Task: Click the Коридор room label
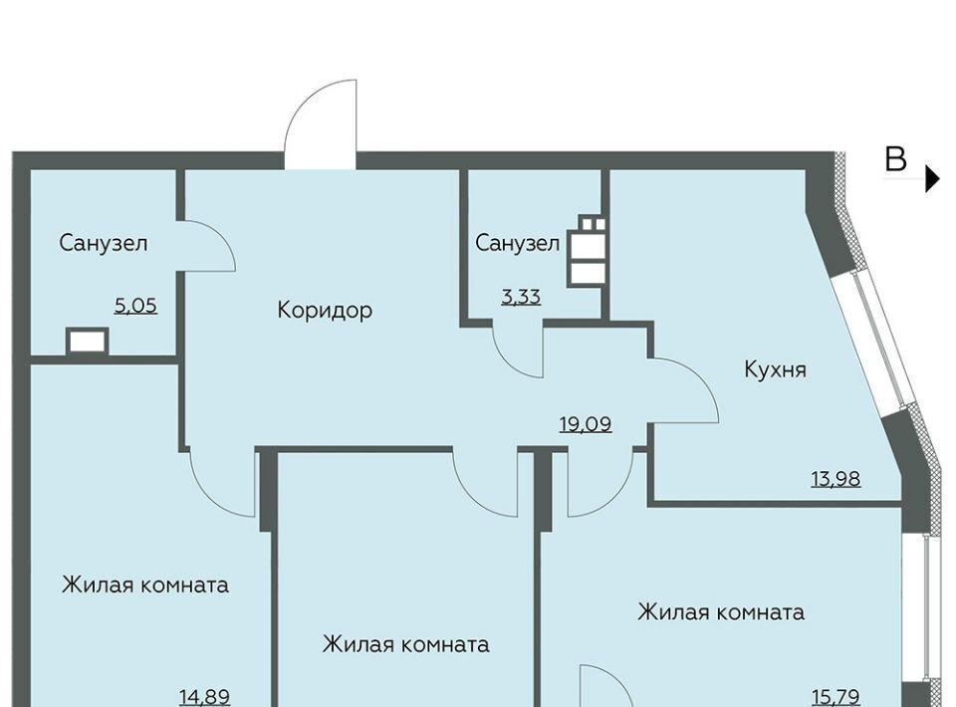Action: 325,310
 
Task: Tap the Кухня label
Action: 775,368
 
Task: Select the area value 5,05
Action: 136,305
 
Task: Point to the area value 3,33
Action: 521,297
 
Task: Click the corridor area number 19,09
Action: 586,423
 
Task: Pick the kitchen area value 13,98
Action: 836,479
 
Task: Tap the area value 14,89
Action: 205,696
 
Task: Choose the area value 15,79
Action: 836,696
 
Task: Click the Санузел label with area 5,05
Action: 103,243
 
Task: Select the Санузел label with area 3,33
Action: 517,243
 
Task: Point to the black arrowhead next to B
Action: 932,178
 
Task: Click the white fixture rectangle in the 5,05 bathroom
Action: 88,342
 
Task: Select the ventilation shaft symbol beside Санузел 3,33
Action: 587,251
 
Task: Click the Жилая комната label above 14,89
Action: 145,586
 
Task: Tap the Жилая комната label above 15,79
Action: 721,612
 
